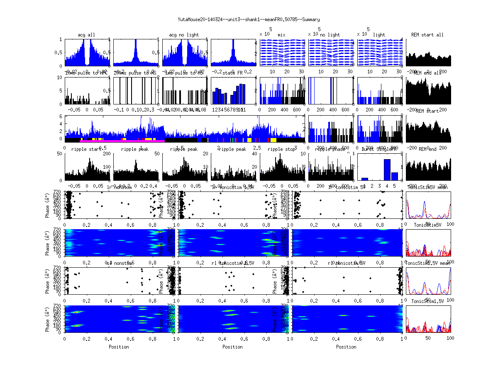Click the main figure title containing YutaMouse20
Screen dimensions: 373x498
click(249, 19)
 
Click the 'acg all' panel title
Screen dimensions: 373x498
click(86, 35)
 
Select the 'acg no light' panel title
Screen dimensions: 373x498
click(184, 35)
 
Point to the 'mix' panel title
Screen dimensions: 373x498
click(282, 35)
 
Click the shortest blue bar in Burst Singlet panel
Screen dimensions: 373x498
click(365, 179)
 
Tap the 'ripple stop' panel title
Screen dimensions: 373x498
click(282, 149)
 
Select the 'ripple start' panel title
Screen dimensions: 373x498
click(86, 149)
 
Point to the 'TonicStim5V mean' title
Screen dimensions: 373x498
click(429, 187)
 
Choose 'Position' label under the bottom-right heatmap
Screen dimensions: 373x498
click(347, 346)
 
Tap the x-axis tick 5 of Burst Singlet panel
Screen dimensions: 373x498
click(395, 186)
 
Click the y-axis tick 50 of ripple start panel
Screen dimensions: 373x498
click(60, 154)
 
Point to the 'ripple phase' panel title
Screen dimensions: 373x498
click(330, 149)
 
